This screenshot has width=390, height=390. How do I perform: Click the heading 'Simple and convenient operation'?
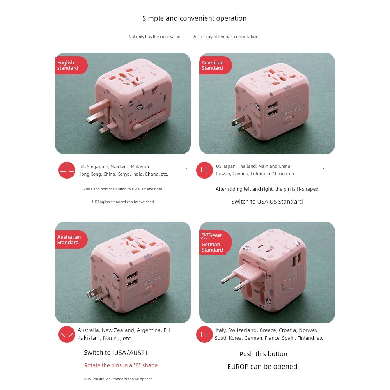[194, 18]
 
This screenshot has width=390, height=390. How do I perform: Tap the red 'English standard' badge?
[69, 65]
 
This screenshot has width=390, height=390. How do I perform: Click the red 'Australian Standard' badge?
[69, 239]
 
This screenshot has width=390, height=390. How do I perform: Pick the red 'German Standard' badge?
[213, 247]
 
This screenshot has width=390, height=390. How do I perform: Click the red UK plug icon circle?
[67, 170]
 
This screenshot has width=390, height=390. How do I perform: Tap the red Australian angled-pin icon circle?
[67, 334]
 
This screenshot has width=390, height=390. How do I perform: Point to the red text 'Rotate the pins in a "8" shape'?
[121, 365]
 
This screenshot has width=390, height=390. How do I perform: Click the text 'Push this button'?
[263, 354]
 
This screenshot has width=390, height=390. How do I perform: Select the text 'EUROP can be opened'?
[262, 367]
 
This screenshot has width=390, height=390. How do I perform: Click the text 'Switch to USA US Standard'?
[267, 202]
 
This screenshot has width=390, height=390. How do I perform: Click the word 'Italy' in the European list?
[221, 330]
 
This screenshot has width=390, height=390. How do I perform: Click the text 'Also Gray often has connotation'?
[226, 37]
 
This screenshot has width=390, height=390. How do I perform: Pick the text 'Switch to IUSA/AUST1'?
[116, 353]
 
